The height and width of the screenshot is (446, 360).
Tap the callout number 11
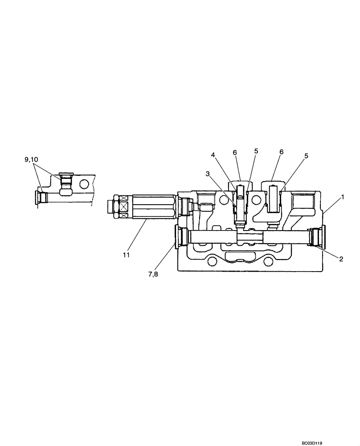(126, 255)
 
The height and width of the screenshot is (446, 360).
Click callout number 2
(341, 259)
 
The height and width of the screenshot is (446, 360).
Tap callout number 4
(213, 155)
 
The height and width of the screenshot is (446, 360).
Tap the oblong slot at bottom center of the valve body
(239, 256)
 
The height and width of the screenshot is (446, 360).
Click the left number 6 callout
(234, 152)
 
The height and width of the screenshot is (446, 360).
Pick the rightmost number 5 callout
(306, 156)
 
